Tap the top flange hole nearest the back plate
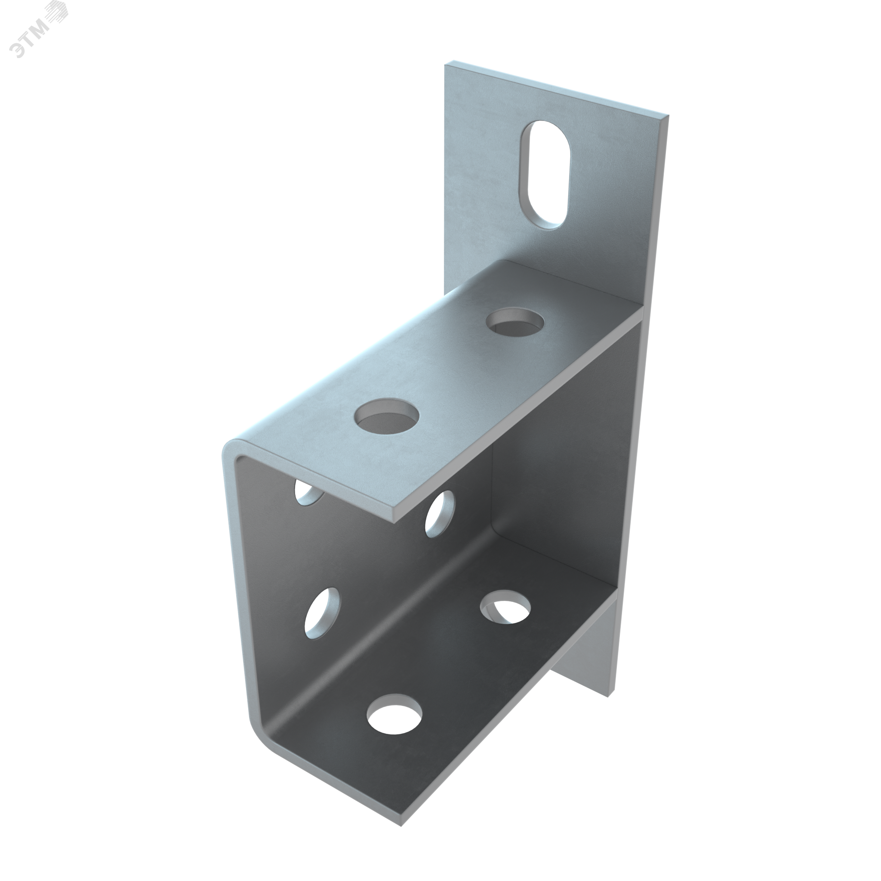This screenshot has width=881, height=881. click(x=516, y=322)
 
